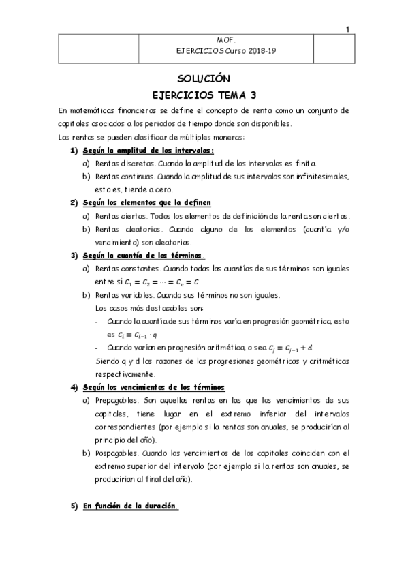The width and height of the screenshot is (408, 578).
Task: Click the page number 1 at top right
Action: pyautogui.click(x=347, y=29)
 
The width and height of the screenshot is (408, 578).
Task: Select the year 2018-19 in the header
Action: pyautogui.click(x=263, y=51)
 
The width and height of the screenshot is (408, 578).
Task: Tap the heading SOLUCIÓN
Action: pyautogui.click(x=204, y=78)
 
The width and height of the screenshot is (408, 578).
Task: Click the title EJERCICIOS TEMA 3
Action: pyautogui.click(x=204, y=95)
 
